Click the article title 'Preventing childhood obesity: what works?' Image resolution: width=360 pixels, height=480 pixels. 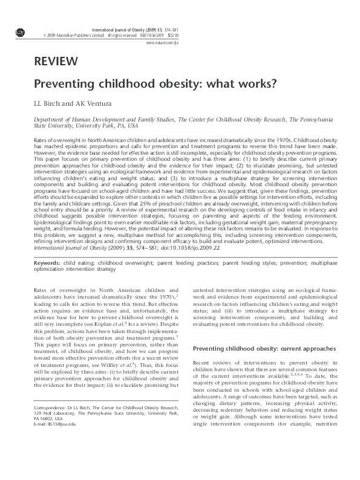tap(154, 84)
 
